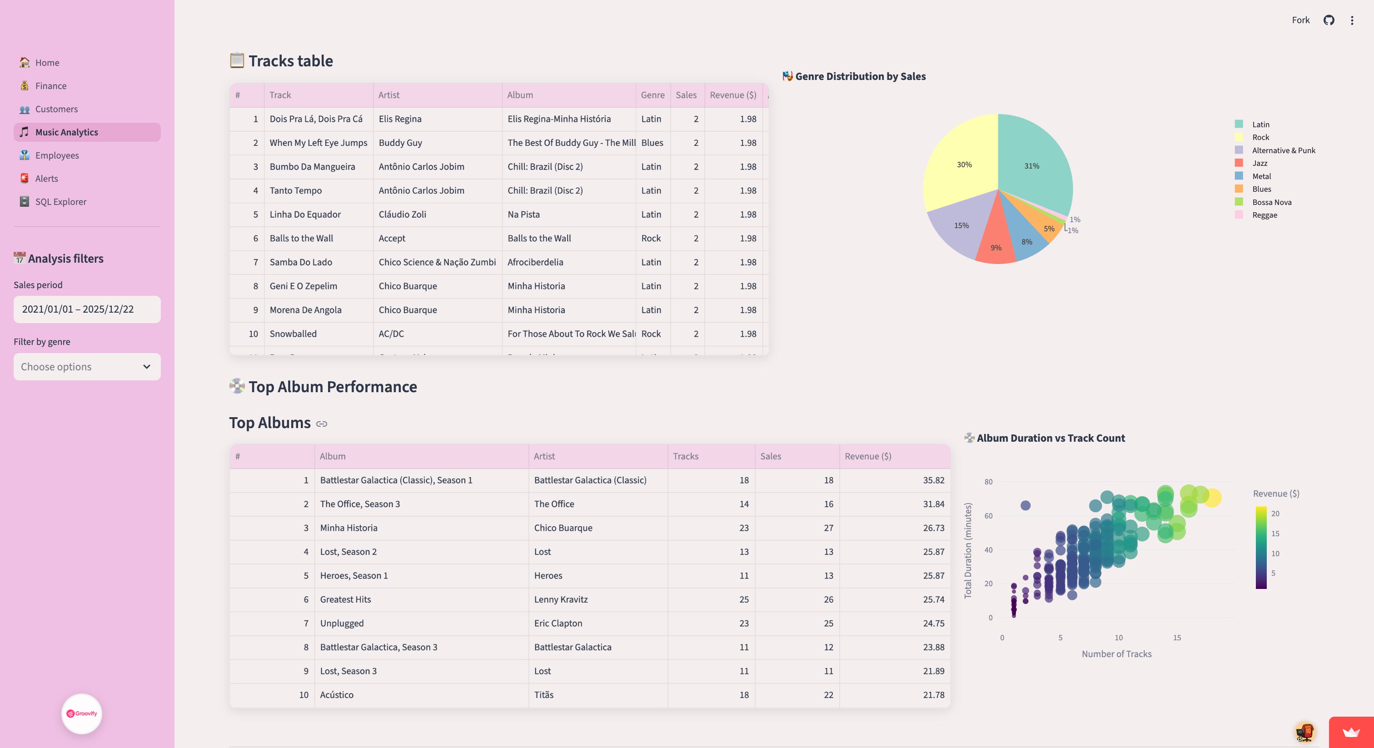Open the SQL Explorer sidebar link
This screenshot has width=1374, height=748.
(60, 202)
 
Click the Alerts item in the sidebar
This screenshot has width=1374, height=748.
(46, 178)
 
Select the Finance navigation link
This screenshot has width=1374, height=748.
(51, 86)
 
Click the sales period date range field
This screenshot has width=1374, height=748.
(87, 309)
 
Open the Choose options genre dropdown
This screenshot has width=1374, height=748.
(87, 367)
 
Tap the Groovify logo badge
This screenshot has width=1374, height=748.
(82, 713)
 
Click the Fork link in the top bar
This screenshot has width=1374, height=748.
(1300, 20)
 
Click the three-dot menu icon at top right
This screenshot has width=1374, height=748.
(1352, 20)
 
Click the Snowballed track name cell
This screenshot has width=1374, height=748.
(293, 334)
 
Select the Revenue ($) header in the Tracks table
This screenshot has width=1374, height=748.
(732, 95)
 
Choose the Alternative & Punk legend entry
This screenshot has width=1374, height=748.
(1283, 150)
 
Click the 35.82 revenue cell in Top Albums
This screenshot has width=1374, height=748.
(933, 480)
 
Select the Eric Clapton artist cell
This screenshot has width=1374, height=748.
(558, 623)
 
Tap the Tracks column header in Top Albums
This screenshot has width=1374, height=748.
(685, 456)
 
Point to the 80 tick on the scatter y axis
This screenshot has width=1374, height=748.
(988, 482)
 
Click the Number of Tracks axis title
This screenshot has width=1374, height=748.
(1116, 653)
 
